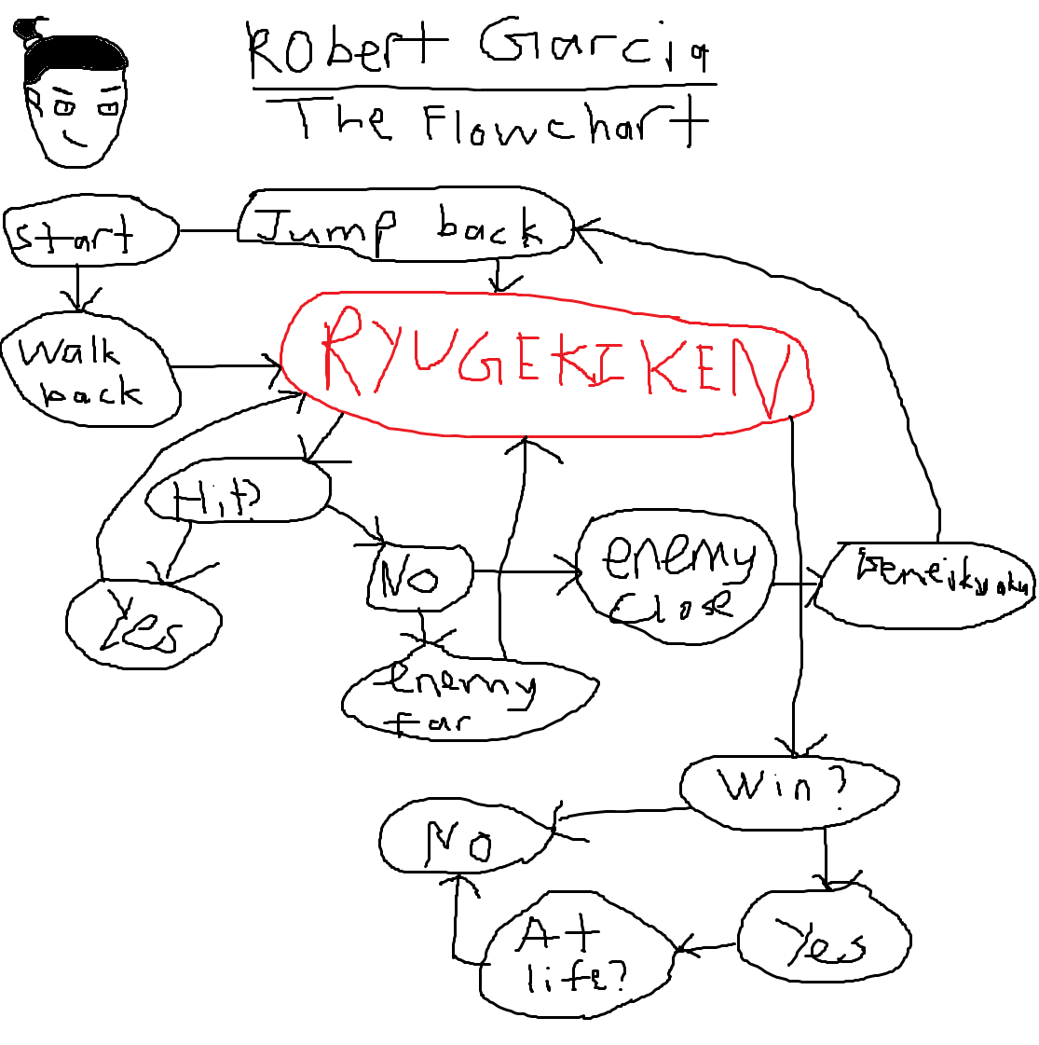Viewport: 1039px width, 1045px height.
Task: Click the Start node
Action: click(x=89, y=234)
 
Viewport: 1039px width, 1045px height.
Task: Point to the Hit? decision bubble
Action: click(x=238, y=493)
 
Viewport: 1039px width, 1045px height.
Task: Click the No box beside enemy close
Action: click(x=420, y=577)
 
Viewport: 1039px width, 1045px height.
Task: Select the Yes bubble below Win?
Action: click(x=824, y=941)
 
